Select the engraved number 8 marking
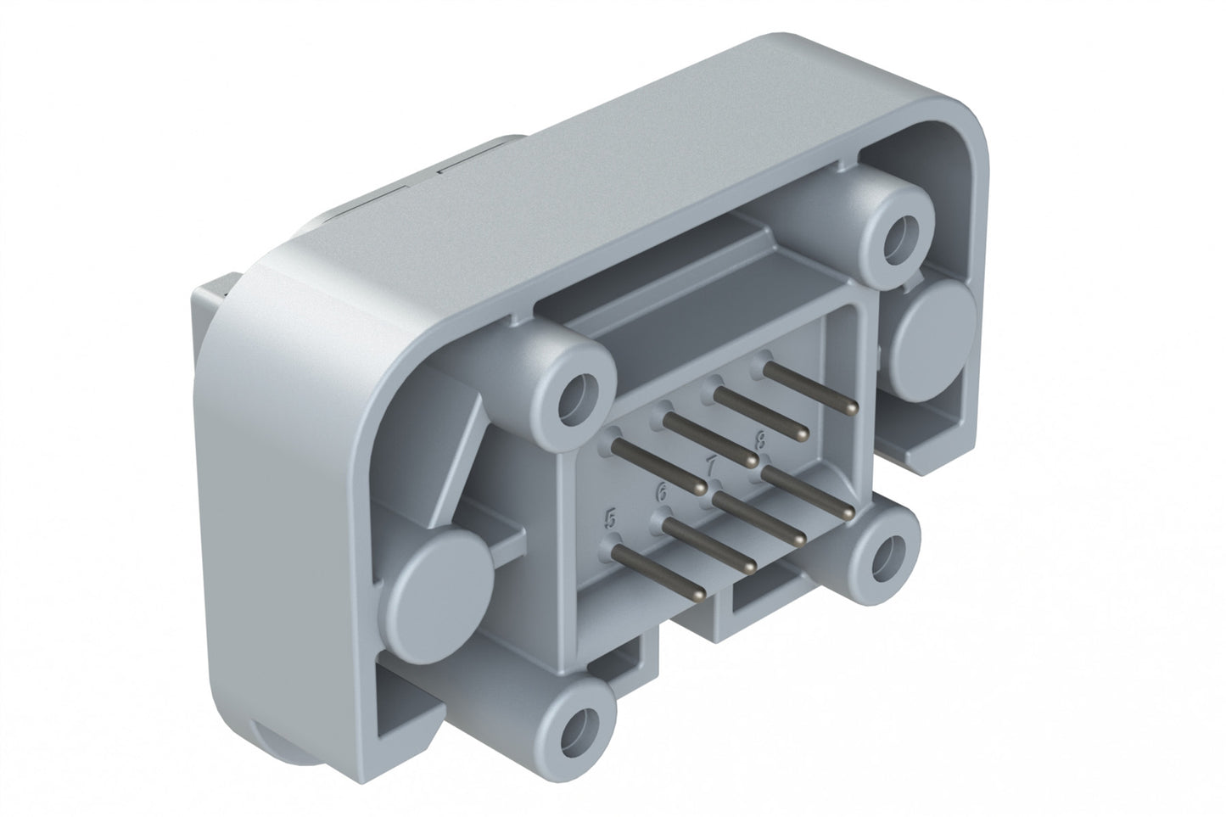(x=760, y=439)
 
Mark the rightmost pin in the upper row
(x=809, y=389)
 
